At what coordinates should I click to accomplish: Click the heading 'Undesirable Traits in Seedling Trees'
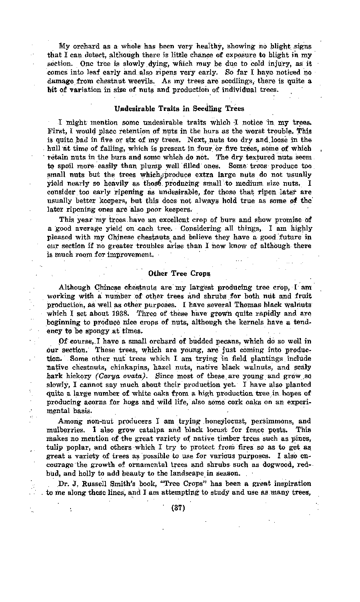pos(179,108)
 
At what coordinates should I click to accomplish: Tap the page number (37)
pos(179,508)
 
